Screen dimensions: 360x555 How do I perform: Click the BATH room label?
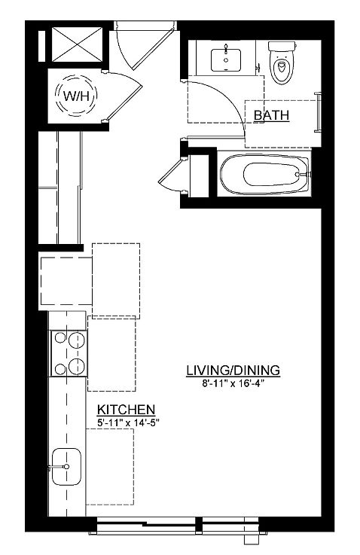[x=271, y=115]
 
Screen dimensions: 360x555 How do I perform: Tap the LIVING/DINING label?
[x=233, y=371]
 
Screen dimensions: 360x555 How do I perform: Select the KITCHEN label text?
[x=126, y=410]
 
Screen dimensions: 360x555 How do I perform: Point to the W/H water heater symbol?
[x=75, y=95]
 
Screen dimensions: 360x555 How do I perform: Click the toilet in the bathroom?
[x=282, y=62]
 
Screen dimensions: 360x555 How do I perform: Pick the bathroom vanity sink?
[x=226, y=59]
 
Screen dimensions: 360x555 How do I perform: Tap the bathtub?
[x=265, y=174]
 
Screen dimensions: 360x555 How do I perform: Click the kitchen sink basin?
[x=66, y=466]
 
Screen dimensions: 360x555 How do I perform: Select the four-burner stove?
[x=69, y=353]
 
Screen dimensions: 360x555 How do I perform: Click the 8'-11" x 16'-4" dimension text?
[x=233, y=383]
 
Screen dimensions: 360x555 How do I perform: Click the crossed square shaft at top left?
[x=77, y=44]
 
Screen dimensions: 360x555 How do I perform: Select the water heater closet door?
[x=124, y=97]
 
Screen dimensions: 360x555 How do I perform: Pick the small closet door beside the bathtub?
[x=172, y=175]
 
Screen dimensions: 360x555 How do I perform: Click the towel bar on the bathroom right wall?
[x=318, y=112]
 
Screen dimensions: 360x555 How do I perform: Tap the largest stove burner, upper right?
[x=77, y=341]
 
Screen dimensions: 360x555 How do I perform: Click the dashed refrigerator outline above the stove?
[x=66, y=281]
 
